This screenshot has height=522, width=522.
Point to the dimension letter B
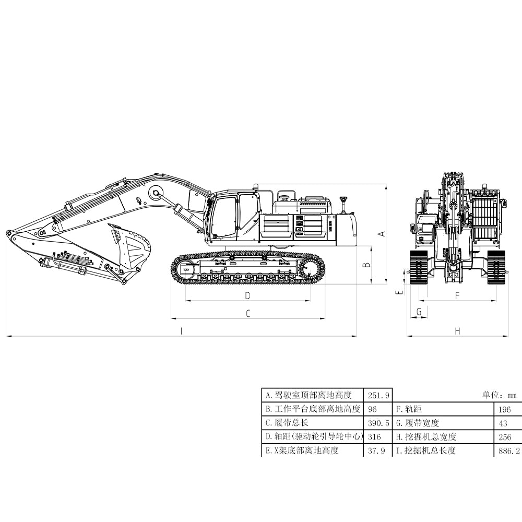(367, 265)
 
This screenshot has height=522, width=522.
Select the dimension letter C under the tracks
(248, 314)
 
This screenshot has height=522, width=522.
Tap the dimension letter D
(247, 295)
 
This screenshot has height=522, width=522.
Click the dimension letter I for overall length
(181, 331)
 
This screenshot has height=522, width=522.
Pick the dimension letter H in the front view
(457, 331)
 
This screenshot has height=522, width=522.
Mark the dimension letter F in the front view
(457, 295)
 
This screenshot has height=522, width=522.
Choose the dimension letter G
(419, 312)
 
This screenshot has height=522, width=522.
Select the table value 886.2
(509, 450)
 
